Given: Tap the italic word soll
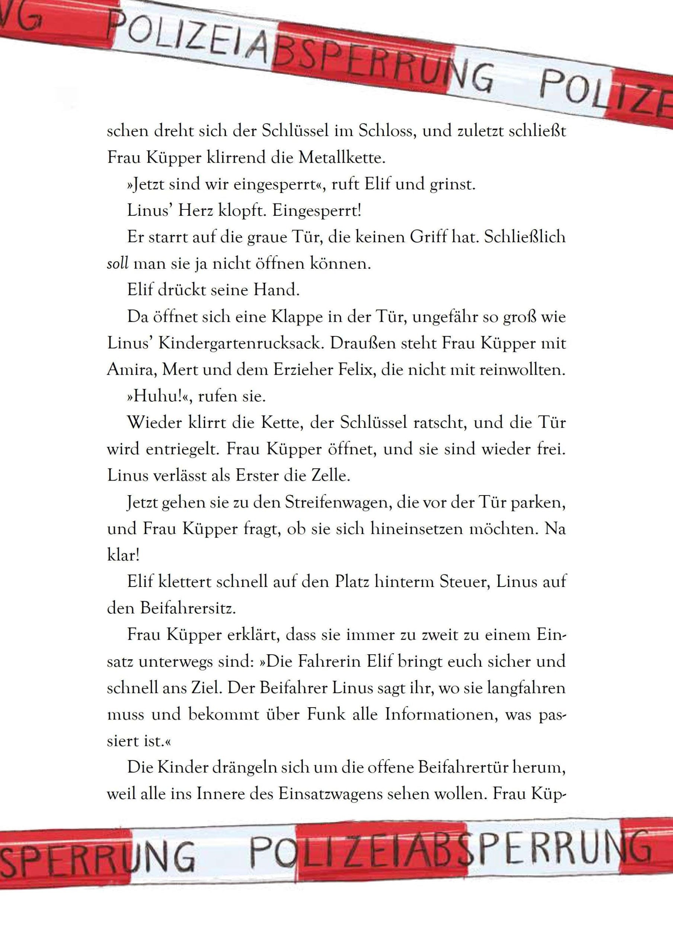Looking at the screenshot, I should [118, 264].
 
